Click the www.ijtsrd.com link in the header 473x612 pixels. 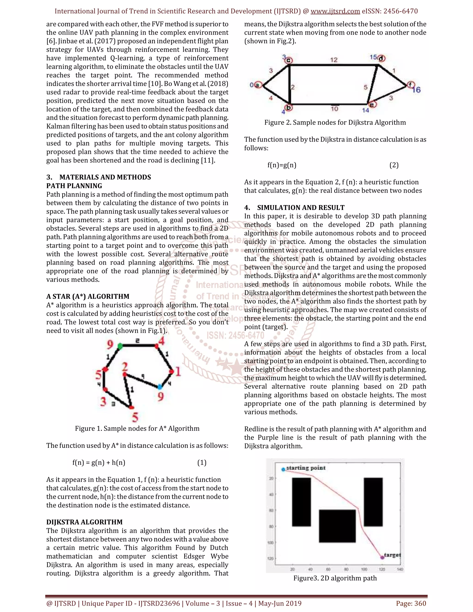tap(335, 11)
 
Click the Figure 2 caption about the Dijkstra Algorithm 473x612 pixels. tap(335, 122)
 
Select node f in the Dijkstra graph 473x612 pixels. tap(410, 84)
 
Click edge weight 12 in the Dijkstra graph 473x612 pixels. tap(334, 60)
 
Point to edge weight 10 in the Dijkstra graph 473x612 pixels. tap(334, 109)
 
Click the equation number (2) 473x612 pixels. tap(394, 165)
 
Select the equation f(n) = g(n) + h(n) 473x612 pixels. tap(99, 462)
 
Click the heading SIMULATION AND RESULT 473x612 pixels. tap(301, 208)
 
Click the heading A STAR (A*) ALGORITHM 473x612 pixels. tap(88, 297)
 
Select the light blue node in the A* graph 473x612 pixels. tap(160, 387)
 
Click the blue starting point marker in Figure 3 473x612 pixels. tap(283, 469)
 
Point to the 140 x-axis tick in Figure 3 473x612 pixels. tap(400, 569)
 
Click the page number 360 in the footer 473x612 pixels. tap(420, 603)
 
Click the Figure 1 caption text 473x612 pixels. tap(137, 428)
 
